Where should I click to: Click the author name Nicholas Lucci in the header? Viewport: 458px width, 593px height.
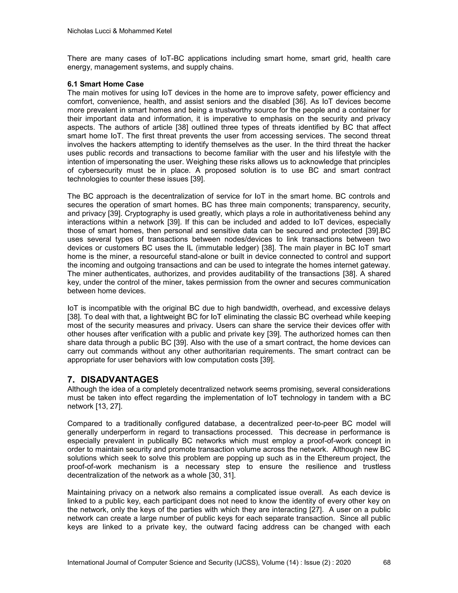(x=89, y=31)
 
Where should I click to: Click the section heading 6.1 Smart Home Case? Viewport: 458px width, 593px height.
(x=106, y=84)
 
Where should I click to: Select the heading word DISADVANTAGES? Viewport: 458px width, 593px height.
(x=119, y=379)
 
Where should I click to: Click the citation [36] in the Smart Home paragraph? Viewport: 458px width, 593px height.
(x=299, y=102)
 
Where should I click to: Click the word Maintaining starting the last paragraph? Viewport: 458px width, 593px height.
(x=86, y=493)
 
